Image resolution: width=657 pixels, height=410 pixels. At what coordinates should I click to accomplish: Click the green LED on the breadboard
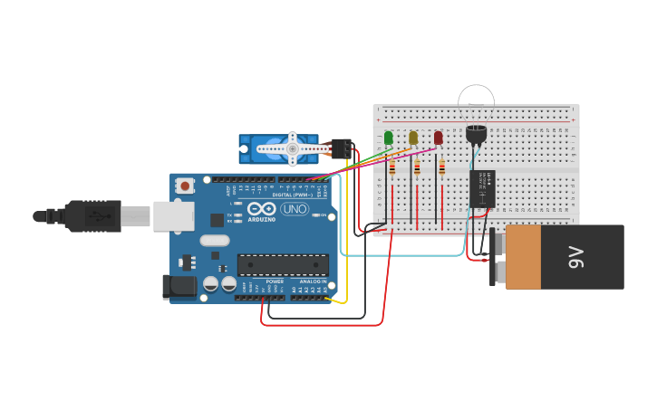[389, 138]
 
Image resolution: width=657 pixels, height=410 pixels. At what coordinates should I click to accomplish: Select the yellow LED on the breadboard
[413, 138]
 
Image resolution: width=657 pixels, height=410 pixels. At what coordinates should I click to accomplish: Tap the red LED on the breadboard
[439, 138]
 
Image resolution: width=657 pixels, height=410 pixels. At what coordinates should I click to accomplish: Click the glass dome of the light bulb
[476, 95]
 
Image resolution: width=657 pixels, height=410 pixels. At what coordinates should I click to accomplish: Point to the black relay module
[482, 188]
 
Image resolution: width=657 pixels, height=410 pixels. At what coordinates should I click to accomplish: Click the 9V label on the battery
[576, 257]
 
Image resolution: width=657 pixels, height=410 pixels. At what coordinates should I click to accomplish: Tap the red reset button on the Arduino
[185, 186]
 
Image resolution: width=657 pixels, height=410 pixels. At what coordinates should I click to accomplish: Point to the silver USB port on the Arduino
[174, 215]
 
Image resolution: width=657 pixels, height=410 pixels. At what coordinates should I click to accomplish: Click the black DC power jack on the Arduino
[179, 287]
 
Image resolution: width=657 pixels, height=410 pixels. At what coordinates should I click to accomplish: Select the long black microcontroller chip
[283, 264]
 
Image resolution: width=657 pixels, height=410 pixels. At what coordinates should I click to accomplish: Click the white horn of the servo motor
[293, 148]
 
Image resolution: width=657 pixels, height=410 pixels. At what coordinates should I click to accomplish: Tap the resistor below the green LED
[391, 167]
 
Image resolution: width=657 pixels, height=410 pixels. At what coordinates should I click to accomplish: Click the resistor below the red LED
[441, 167]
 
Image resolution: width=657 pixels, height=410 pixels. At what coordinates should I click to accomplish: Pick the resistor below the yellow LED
[417, 167]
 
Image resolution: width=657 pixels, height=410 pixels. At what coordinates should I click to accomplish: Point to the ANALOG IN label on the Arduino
[313, 281]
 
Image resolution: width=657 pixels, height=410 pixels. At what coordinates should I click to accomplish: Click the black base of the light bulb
[476, 134]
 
